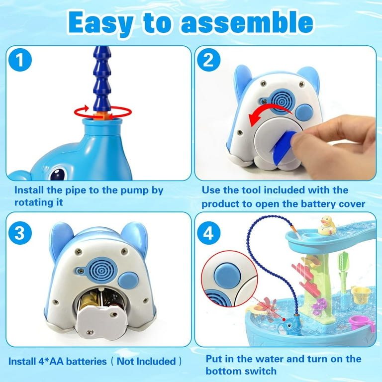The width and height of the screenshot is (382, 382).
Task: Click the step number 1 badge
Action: coord(20,60)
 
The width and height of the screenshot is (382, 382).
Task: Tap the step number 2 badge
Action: coord(208,60)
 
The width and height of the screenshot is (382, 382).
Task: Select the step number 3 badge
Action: coord(20,233)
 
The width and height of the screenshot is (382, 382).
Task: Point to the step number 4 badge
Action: coord(208,233)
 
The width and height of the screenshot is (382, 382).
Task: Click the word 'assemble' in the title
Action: coord(247,22)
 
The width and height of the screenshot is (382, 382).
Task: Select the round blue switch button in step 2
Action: coord(304,112)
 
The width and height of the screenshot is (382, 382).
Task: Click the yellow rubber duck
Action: coord(326,225)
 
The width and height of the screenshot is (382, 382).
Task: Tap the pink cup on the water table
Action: coord(361,324)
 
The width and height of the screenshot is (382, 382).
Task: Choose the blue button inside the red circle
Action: coord(227,276)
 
